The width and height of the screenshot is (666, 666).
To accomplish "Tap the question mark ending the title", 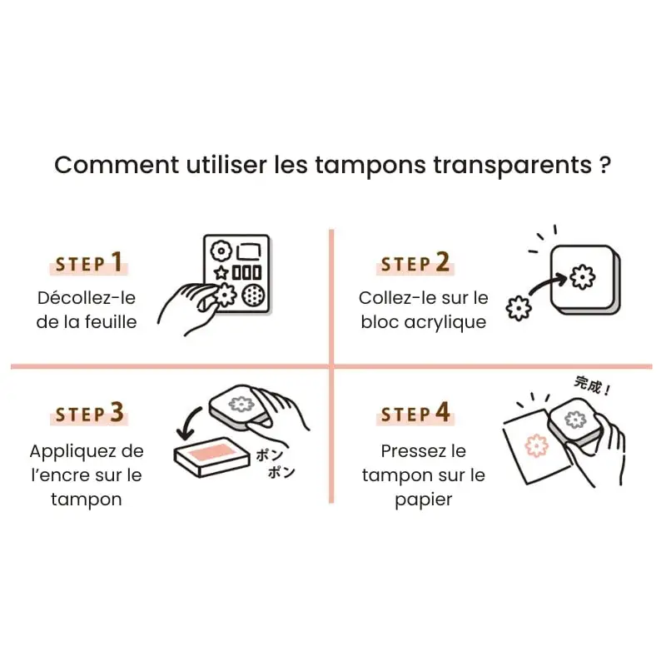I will [605, 164].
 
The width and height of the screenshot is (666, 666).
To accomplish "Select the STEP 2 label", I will [414, 264].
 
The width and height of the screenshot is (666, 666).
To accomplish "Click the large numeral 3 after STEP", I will [117, 412].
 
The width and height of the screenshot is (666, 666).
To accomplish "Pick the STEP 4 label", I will [414, 412].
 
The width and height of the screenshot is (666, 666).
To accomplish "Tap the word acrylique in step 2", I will [446, 321].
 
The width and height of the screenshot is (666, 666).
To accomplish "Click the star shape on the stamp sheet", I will [221, 273].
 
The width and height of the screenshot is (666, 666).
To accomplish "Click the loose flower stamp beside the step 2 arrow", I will [519, 309].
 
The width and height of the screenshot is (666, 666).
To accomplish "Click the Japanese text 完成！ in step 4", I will [592, 385].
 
